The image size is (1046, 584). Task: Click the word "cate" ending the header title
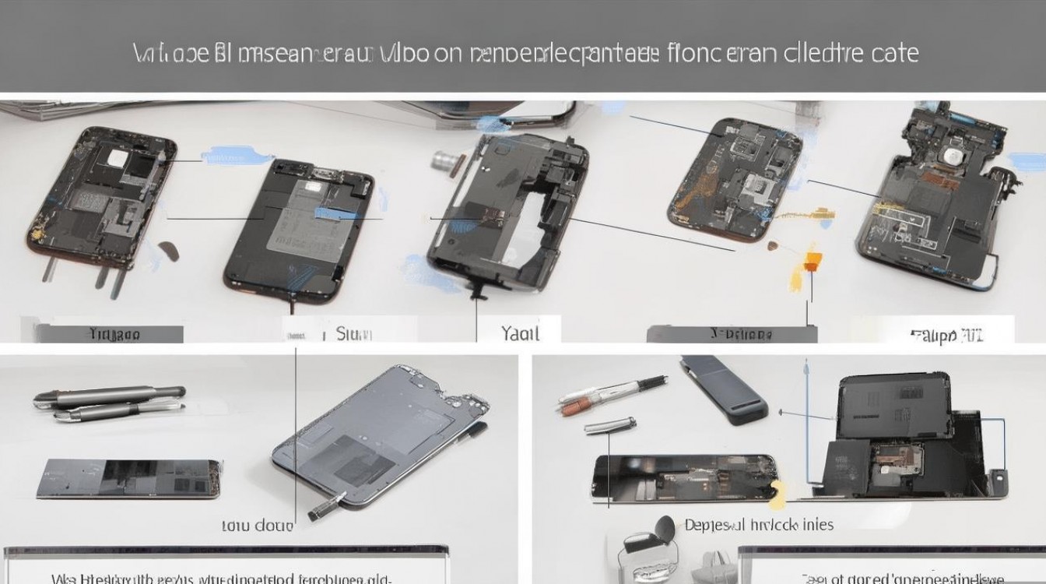(x=893, y=53)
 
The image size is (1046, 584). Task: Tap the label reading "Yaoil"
(x=520, y=333)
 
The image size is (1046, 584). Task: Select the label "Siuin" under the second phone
(x=354, y=334)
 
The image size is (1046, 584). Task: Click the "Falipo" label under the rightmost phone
(x=946, y=336)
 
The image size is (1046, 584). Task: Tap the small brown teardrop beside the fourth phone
(x=773, y=248)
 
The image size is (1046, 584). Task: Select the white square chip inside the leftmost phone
(x=117, y=158)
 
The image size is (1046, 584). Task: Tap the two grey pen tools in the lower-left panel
(x=109, y=402)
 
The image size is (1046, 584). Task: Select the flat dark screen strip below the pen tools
(x=128, y=478)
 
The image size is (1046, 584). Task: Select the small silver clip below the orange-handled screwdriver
(x=609, y=424)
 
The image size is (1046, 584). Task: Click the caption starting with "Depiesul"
(x=759, y=525)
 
